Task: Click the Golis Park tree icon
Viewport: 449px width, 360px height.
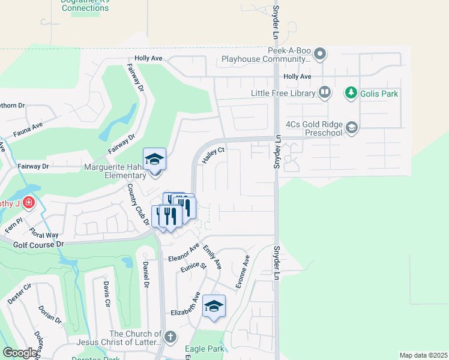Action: pyautogui.click(x=351, y=93)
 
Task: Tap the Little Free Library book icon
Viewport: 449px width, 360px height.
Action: pyautogui.click(x=325, y=92)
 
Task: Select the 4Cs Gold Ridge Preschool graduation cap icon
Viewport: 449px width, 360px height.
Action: pyautogui.click(x=352, y=127)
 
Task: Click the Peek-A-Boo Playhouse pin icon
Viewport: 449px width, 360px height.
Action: pyautogui.click(x=320, y=55)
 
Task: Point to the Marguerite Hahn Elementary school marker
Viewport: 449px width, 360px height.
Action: pyautogui.click(x=154, y=160)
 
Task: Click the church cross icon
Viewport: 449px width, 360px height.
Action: pyautogui.click(x=170, y=336)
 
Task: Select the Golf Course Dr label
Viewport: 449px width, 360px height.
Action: pyautogui.click(x=38, y=245)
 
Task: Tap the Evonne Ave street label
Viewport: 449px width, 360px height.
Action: pyautogui.click(x=242, y=272)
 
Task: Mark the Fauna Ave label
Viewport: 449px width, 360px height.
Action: pyautogui.click(x=29, y=127)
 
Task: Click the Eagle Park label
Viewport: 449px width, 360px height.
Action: pyautogui.click(x=205, y=349)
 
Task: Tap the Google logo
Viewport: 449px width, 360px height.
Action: pyautogui.click(x=20, y=353)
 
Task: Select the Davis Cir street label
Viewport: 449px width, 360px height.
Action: pyautogui.click(x=106, y=293)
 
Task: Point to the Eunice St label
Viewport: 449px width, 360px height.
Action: pyautogui.click(x=194, y=265)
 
